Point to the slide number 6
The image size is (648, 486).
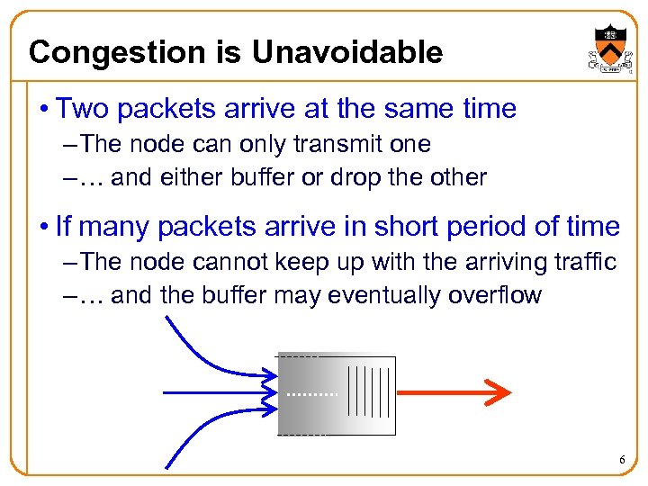click(x=621, y=461)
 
